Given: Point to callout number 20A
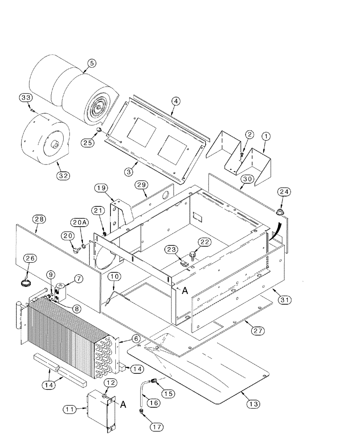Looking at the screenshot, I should click(77, 222).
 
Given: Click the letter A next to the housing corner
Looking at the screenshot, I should click(184, 289).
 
